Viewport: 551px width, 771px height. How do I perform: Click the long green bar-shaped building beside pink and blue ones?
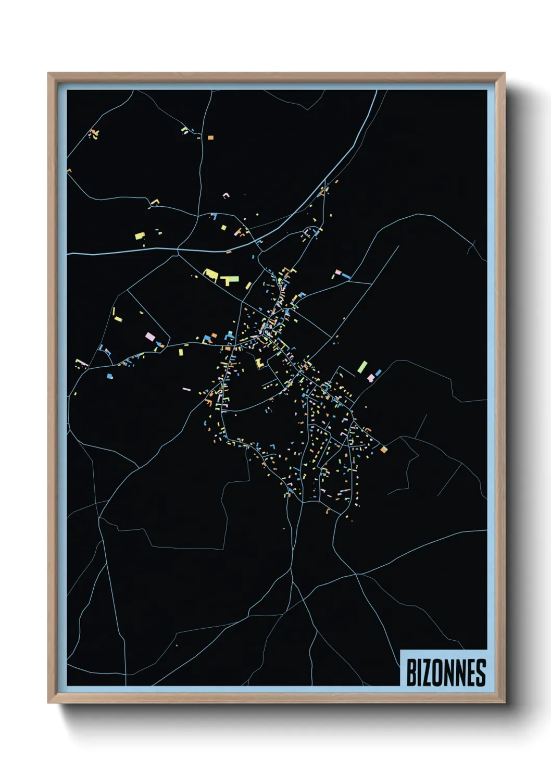click(362, 367)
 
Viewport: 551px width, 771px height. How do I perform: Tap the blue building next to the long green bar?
click(378, 372)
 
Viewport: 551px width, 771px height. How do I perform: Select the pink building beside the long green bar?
click(371, 378)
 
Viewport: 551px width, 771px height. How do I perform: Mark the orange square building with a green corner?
click(384, 449)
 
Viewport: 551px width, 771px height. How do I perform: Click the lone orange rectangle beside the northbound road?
click(210, 138)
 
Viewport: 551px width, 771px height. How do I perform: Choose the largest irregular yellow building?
click(211, 274)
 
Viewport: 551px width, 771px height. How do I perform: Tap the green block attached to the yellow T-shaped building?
click(233, 279)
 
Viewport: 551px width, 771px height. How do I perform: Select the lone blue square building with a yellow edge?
click(110, 376)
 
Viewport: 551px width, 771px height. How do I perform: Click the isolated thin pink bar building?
click(186, 389)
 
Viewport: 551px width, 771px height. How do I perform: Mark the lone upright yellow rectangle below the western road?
click(181, 352)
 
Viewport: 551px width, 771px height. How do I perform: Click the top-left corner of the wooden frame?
click(48, 73)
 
